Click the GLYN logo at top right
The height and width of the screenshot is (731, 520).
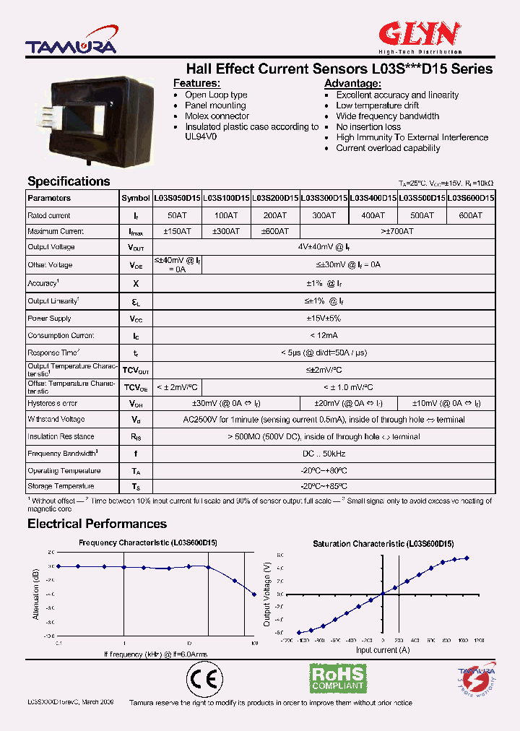click(420, 35)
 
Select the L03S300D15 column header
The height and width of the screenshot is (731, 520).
click(324, 198)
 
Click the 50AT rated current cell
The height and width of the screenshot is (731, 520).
click(177, 215)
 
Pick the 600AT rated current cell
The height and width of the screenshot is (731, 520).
click(470, 215)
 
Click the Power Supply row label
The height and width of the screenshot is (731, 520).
click(49, 319)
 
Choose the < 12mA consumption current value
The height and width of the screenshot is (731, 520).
click(324, 335)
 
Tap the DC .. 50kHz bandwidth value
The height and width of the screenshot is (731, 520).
click(324, 454)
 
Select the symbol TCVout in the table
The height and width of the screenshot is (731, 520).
click(135, 370)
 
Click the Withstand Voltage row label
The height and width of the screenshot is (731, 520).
click(56, 420)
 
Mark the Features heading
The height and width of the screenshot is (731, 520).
click(196, 84)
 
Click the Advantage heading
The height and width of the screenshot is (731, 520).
click(352, 84)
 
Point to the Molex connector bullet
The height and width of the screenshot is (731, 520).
click(217, 116)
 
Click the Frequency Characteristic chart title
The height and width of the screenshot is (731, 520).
click(148, 542)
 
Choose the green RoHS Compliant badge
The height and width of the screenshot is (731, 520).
click(337, 678)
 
